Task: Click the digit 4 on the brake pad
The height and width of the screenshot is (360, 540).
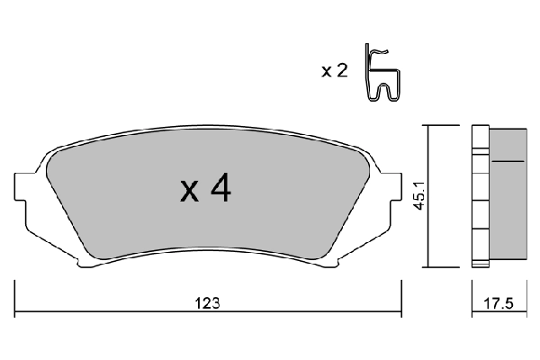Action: (x=220, y=188)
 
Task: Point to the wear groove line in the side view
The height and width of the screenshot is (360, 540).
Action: (x=508, y=161)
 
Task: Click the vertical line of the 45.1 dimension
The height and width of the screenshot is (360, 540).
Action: (x=427, y=194)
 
